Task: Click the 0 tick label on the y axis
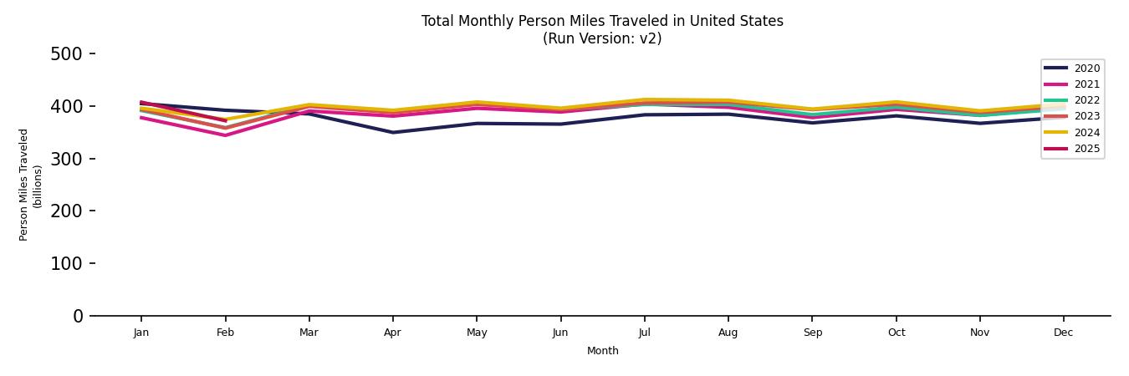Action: point(78,316)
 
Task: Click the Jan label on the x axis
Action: point(141,333)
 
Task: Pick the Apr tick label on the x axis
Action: point(392,333)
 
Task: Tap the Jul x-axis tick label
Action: point(644,333)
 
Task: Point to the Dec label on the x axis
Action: point(1063,333)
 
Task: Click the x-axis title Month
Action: point(602,351)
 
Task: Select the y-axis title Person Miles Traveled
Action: point(24,185)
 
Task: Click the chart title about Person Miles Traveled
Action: point(602,21)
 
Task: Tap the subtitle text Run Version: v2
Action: point(602,38)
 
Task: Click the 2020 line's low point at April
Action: point(392,132)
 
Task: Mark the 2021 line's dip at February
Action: point(225,135)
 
